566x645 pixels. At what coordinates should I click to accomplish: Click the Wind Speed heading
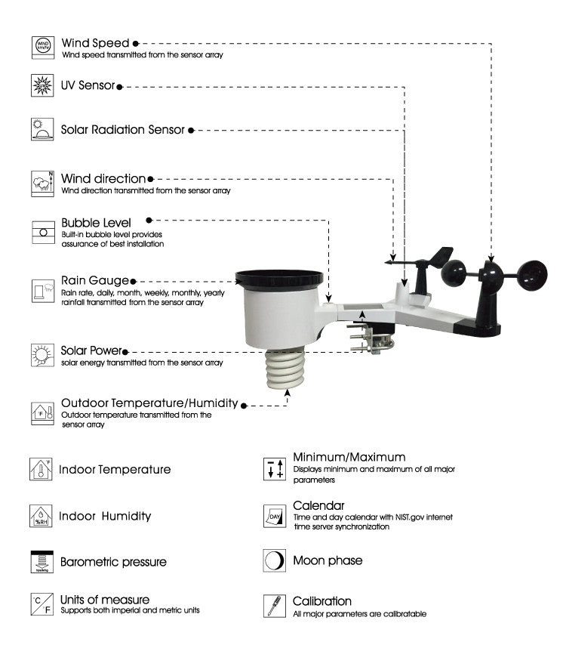(96, 43)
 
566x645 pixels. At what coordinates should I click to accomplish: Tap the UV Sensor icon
(42, 84)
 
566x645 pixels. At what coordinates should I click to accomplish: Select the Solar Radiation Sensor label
(123, 130)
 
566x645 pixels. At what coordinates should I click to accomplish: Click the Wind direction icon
(42, 184)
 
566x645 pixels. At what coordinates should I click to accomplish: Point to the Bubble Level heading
(96, 223)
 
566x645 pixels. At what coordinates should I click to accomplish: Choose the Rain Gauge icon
(42, 290)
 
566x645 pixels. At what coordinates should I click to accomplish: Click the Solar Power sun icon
(42, 353)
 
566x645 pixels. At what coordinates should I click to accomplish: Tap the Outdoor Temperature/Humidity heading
(149, 403)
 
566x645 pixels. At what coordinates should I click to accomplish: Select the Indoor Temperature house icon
(42, 469)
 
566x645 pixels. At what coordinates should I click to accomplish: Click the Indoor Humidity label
(105, 517)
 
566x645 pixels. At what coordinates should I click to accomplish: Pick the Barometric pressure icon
(42, 562)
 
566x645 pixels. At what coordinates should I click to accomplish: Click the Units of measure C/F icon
(42, 604)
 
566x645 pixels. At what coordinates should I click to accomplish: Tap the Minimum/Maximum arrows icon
(274, 469)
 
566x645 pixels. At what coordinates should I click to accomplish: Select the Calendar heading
(318, 505)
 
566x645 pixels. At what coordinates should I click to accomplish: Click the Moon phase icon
(274, 560)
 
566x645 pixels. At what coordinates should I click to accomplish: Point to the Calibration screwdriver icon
(274, 606)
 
